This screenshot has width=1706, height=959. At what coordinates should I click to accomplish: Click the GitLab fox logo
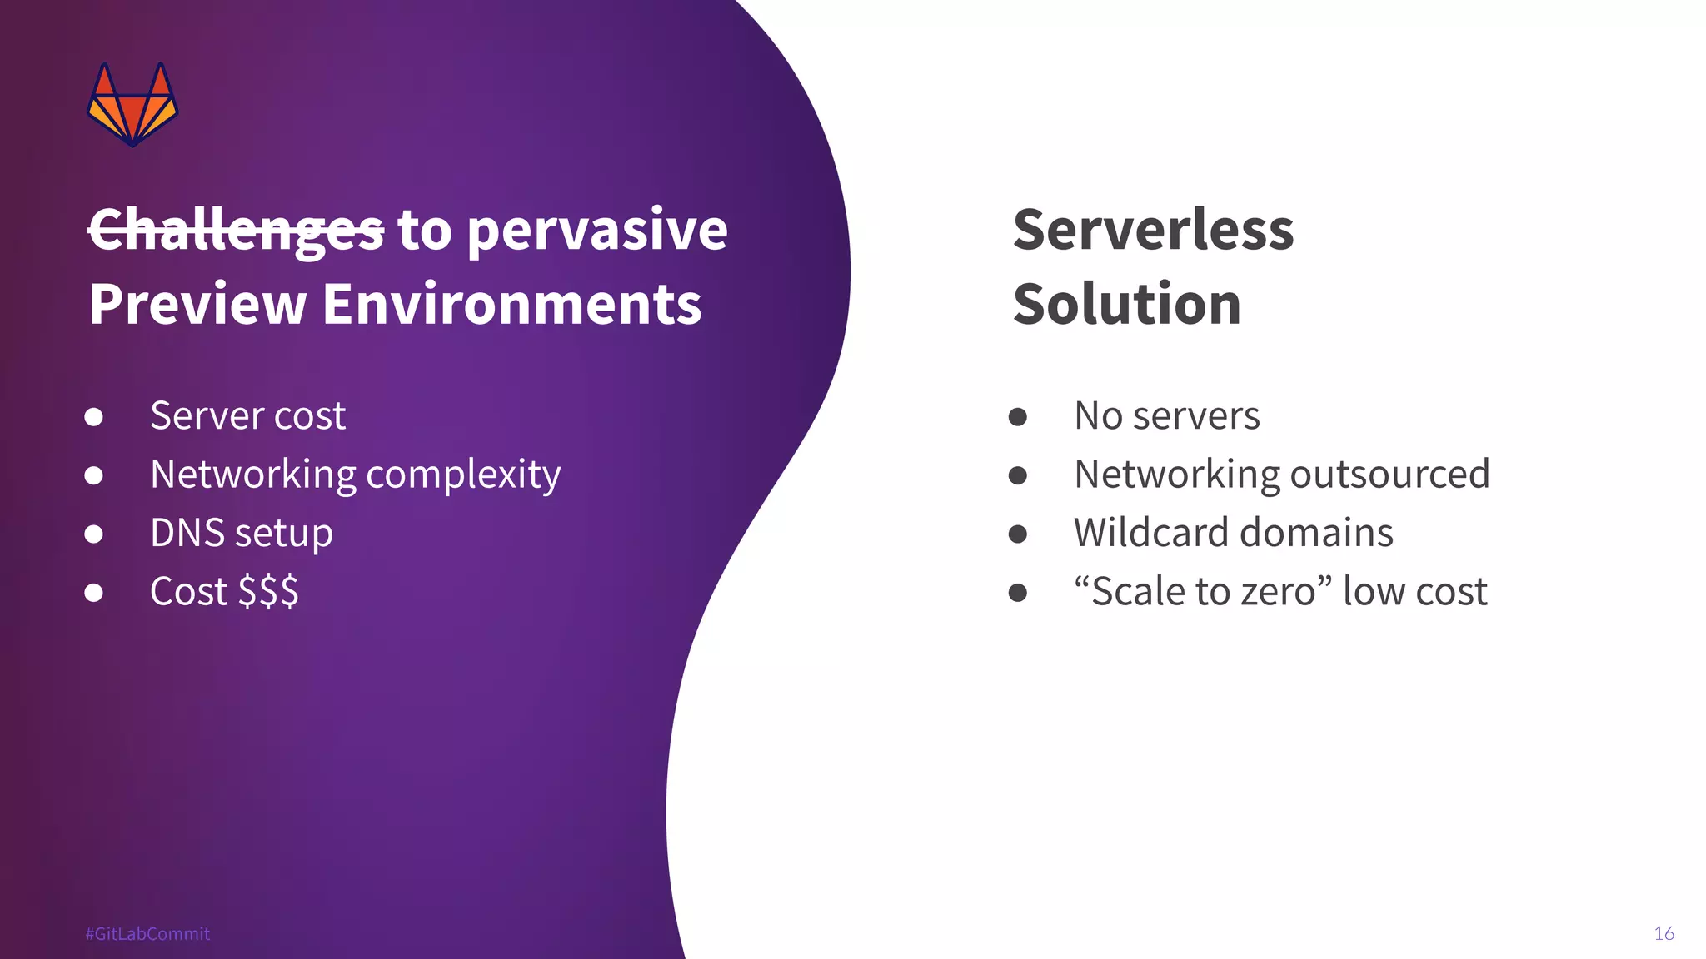coord(132,105)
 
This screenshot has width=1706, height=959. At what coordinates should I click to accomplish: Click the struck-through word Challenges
coord(236,230)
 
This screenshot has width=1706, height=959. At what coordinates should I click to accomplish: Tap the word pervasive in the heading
coord(597,230)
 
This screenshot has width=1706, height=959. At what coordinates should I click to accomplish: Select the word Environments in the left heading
coord(511,304)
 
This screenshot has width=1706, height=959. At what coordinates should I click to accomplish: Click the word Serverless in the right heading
coord(1153,230)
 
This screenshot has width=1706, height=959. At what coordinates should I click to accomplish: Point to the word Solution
coord(1126,304)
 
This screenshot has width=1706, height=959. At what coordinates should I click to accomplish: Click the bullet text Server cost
coord(247,415)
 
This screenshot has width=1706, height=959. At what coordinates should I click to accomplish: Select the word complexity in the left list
coord(463,475)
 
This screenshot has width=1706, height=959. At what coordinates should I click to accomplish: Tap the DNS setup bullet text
coord(242,533)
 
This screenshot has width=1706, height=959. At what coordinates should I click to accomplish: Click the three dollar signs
coord(268,592)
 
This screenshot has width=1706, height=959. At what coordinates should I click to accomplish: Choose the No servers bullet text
coord(1166,415)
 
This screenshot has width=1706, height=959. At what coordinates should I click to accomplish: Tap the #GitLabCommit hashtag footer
coord(147,933)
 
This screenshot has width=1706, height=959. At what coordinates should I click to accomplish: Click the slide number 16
coord(1664,933)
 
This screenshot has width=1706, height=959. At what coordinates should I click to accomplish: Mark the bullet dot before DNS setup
coord(94,534)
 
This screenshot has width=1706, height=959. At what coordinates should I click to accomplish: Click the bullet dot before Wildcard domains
coord(1017,534)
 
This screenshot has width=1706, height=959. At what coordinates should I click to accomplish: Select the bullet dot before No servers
coord(1017,416)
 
